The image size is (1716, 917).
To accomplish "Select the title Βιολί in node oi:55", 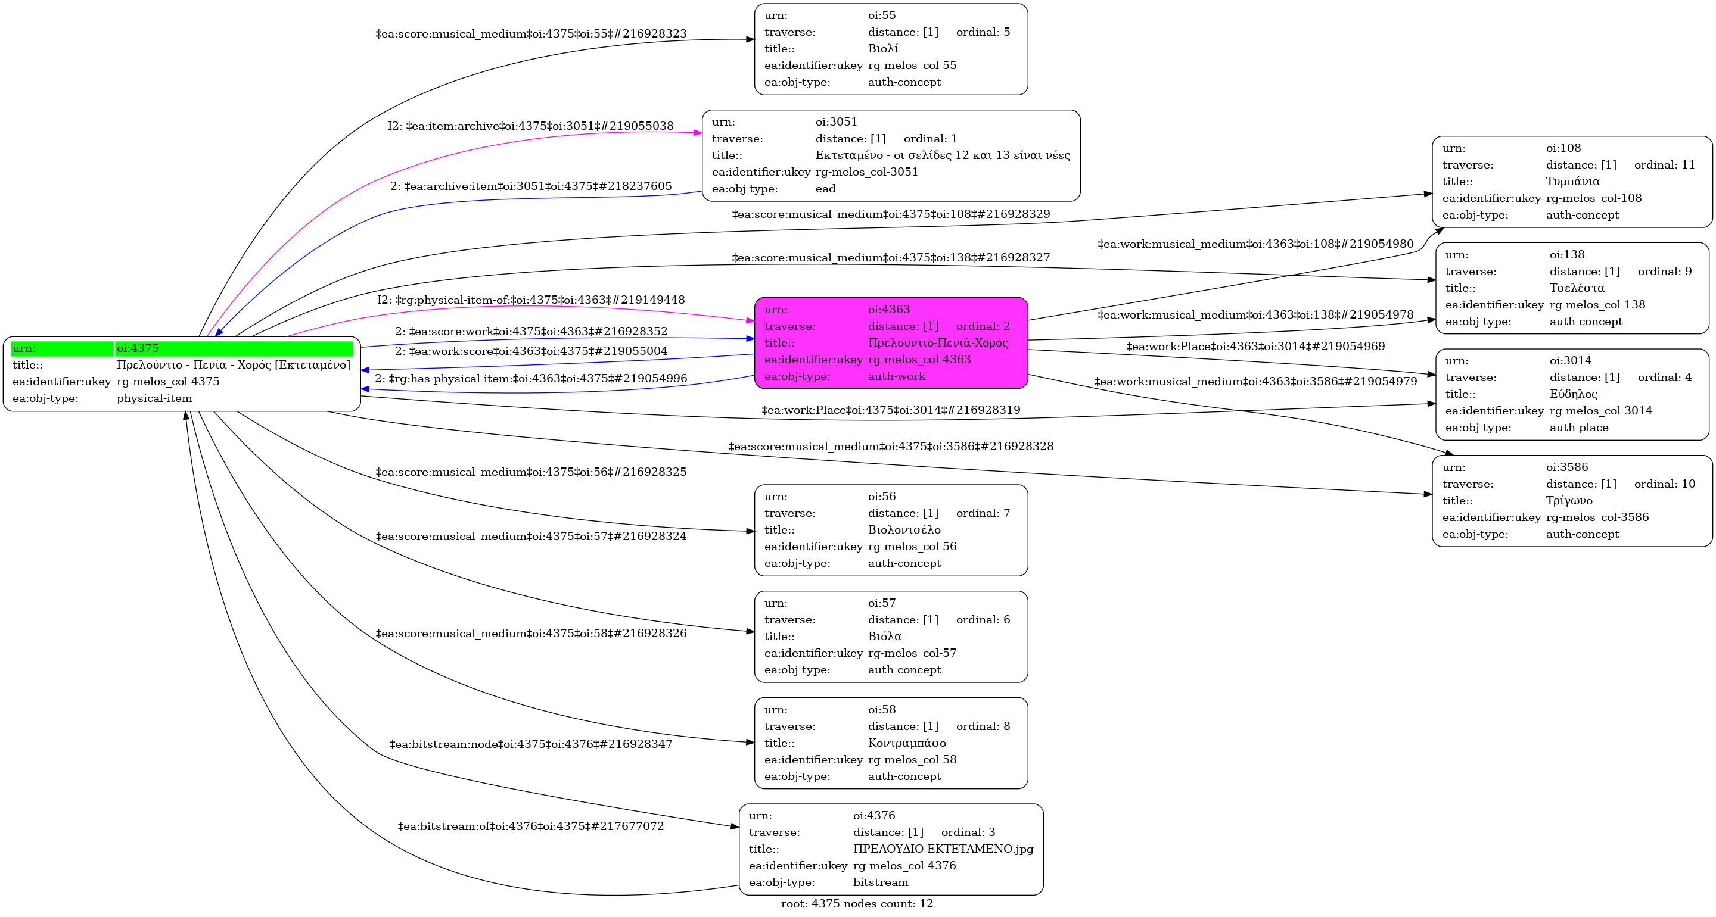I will (882, 49).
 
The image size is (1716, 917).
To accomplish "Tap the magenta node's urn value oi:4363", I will (888, 309).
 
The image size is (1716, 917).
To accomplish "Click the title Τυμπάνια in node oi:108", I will (1572, 181).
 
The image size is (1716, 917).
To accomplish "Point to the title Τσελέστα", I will (1576, 288).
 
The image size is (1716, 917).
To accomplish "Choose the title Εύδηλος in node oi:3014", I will (1573, 394).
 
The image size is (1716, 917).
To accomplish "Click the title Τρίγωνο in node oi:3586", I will (1569, 500).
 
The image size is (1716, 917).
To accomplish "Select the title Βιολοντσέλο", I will (904, 529).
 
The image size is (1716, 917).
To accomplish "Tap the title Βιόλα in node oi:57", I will (885, 636).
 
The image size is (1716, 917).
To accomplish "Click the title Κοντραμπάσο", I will (907, 743).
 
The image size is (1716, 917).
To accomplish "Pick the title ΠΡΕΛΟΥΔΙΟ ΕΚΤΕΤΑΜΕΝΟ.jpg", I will (943, 849).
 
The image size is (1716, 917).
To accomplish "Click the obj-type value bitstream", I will (880, 882).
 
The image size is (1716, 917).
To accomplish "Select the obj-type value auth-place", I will (1578, 427).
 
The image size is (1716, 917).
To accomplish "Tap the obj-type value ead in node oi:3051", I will (825, 188).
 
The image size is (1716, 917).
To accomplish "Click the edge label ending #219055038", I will (530, 126).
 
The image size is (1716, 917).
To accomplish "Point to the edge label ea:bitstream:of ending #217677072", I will (530, 826).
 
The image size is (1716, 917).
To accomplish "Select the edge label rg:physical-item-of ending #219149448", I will (530, 300).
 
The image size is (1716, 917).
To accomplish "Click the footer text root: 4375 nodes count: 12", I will (857, 903).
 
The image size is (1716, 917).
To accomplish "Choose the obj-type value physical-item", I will (154, 398).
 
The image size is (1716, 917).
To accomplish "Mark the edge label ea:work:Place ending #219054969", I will (1255, 347).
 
